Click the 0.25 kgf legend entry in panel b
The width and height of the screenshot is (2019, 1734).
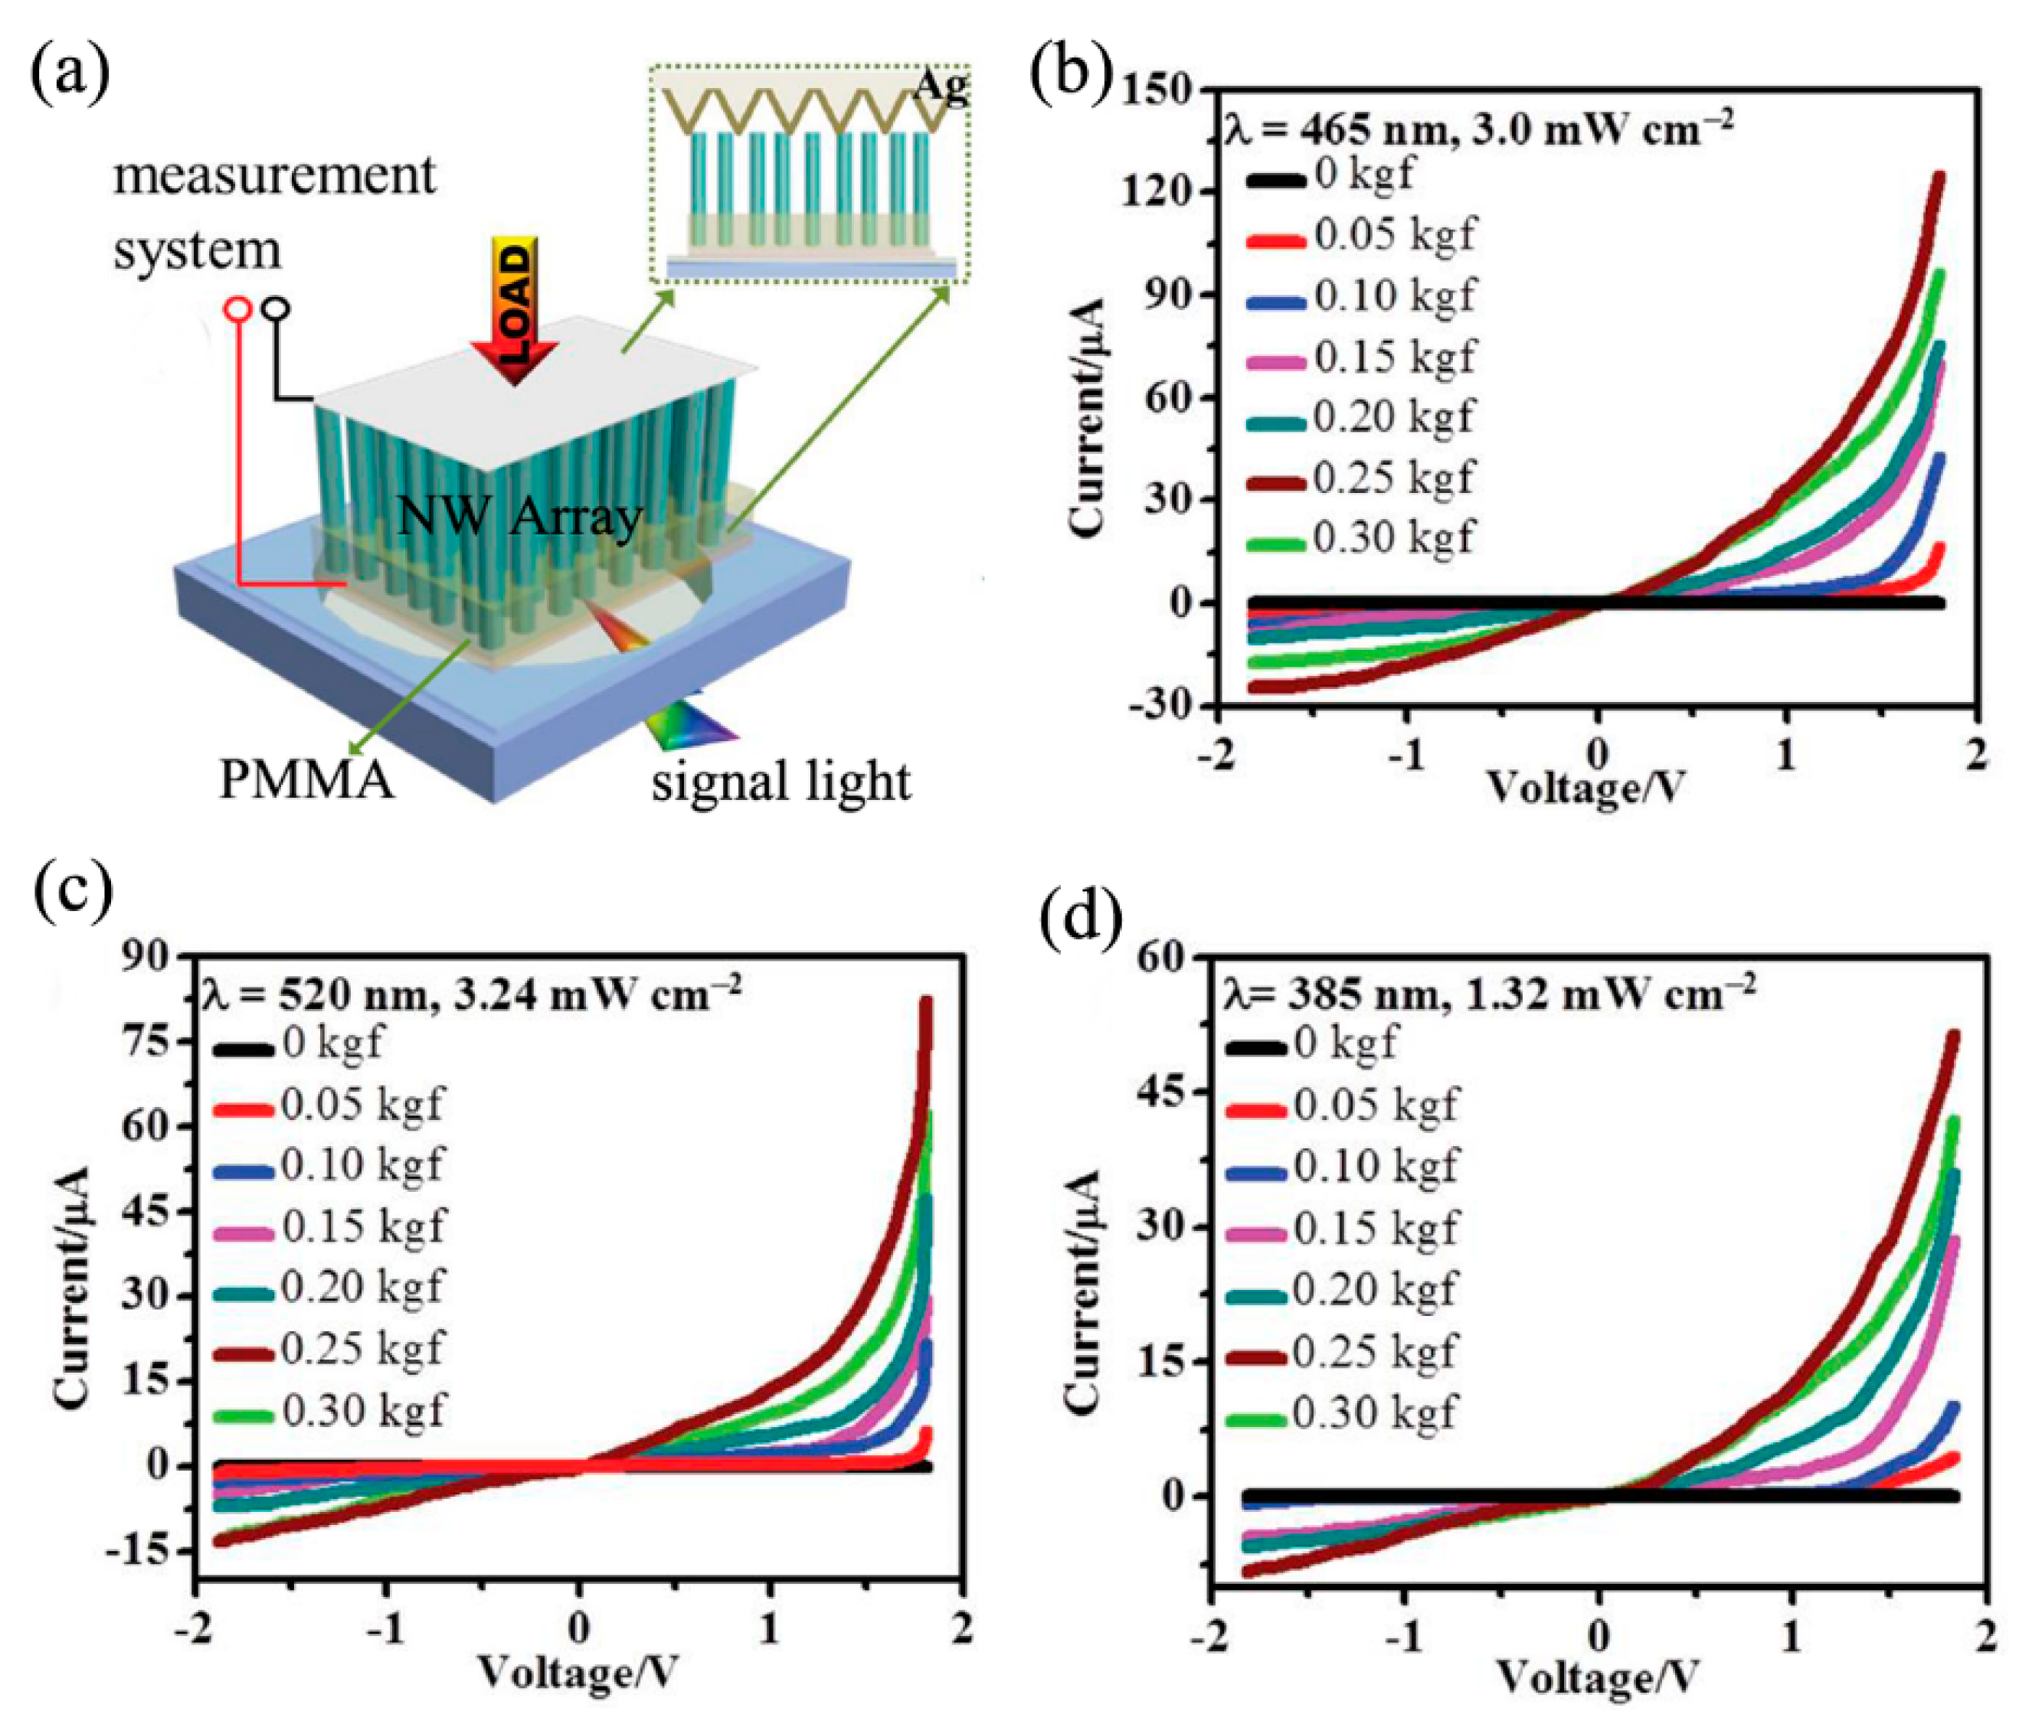pos(1393,478)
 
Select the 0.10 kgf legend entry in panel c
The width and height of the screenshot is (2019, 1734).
pos(362,1165)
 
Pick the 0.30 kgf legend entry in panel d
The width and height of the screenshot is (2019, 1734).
pos(1374,1412)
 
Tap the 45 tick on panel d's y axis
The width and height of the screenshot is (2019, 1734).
pos(1166,1091)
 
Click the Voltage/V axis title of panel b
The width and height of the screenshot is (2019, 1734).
pos(1585,787)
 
